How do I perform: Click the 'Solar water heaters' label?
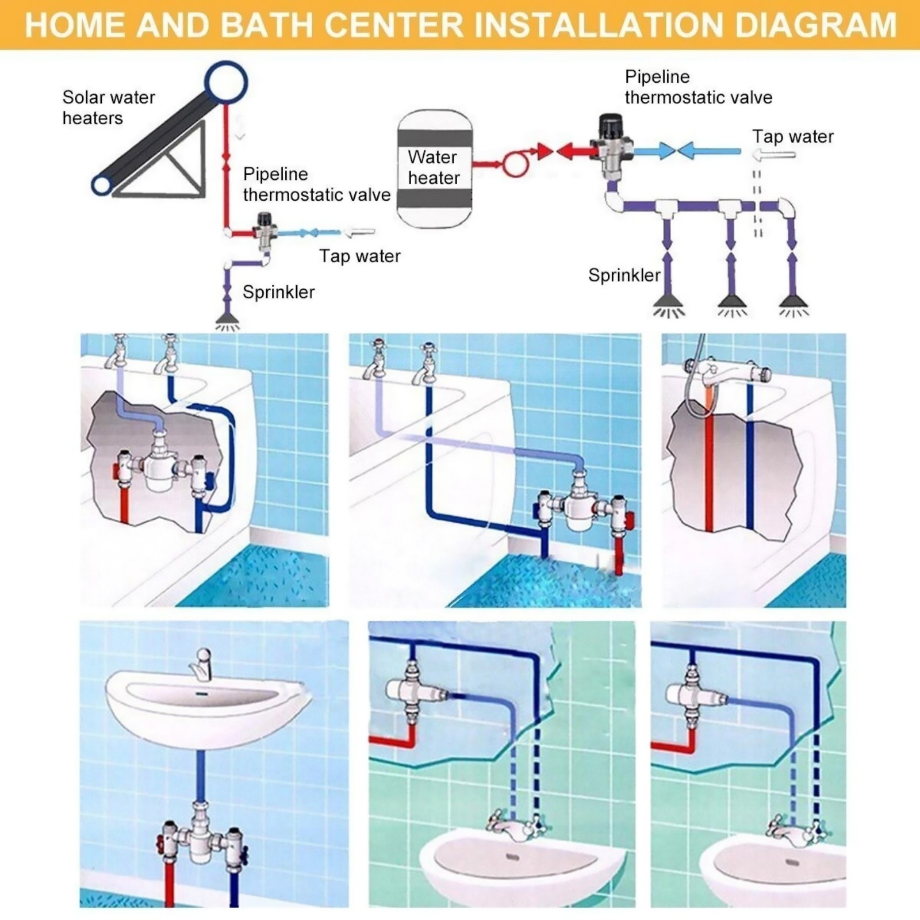click(x=109, y=108)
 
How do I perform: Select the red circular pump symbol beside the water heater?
click(x=515, y=164)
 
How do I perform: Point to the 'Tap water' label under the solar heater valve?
click(x=360, y=256)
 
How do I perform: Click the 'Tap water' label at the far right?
click(x=793, y=136)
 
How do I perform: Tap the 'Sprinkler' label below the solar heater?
click(x=278, y=292)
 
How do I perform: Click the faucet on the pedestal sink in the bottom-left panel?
click(x=201, y=664)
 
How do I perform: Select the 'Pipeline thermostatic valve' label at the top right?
click(x=698, y=87)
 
